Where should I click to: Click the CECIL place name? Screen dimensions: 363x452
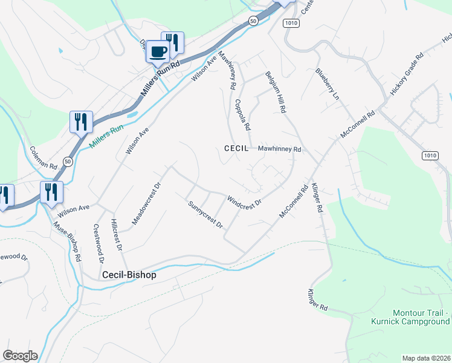pos(237,148)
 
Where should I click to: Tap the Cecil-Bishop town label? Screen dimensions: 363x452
pos(129,275)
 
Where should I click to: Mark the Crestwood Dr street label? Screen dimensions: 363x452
pos(98,243)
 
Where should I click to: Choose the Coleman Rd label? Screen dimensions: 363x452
pos(43,158)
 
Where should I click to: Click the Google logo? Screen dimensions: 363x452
pos(20,356)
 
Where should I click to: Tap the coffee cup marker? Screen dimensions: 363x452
pos(158,52)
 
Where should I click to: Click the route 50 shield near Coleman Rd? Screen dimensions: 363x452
pos(68,162)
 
